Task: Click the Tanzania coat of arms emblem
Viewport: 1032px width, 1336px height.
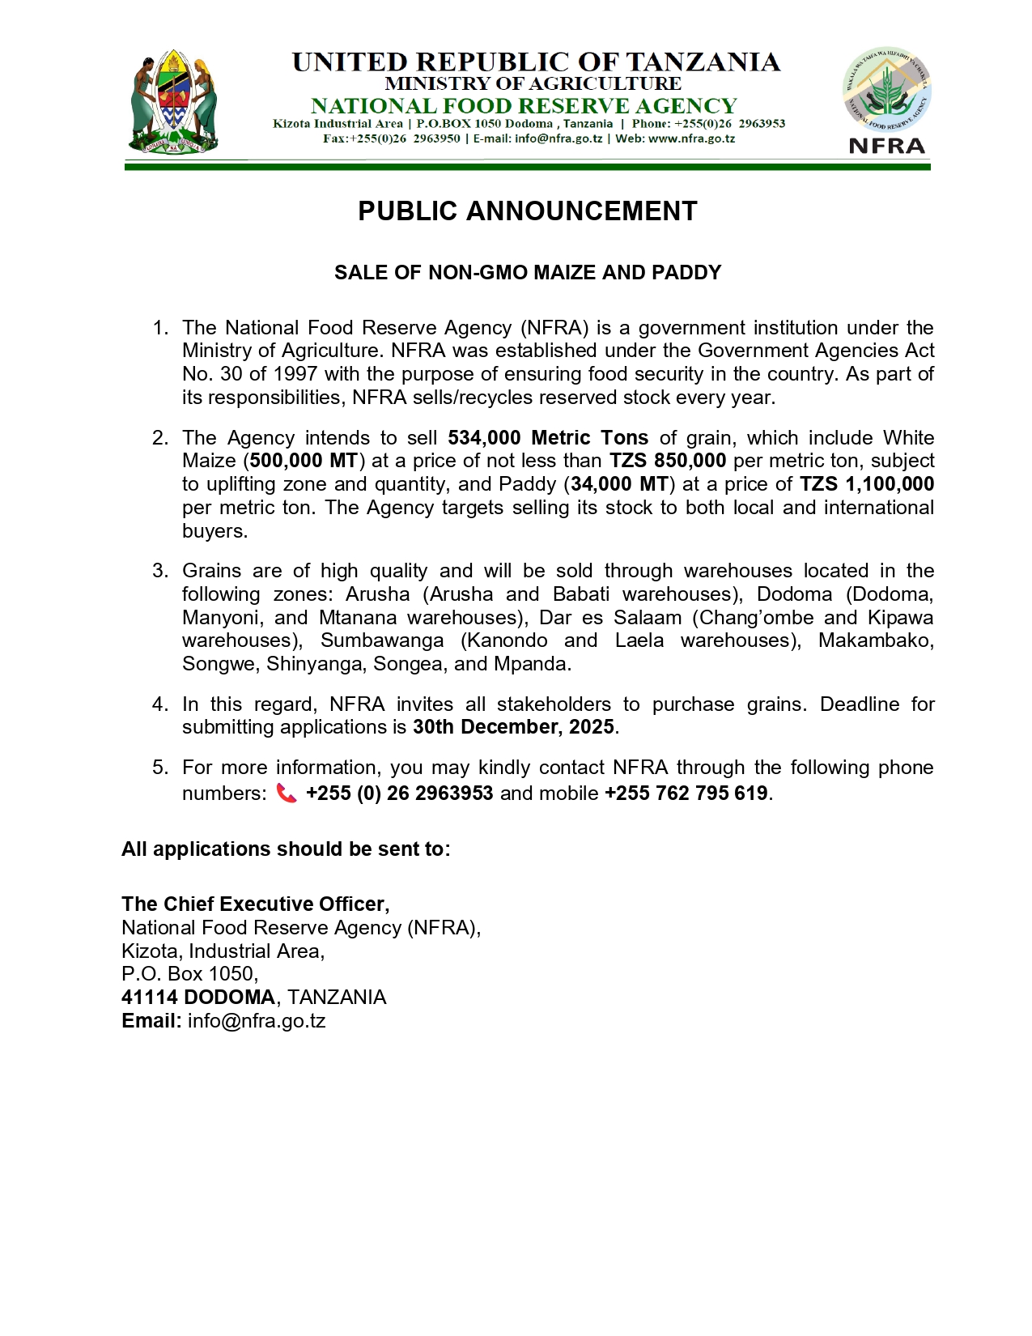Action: coord(174,103)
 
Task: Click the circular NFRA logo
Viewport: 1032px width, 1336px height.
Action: coord(887,90)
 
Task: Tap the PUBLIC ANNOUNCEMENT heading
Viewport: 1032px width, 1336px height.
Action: coord(527,211)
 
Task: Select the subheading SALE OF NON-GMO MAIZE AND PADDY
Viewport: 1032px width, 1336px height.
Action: coord(527,273)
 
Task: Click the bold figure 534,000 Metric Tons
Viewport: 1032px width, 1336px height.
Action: coord(548,438)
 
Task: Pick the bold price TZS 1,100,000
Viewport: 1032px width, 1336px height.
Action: coord(867,484)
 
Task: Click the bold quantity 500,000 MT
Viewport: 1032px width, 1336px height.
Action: coord(304,461)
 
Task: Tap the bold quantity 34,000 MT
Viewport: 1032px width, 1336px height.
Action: coord(620,484)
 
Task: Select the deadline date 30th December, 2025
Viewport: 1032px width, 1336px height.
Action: coord(513,727)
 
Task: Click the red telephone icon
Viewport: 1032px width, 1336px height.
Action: coord(287,793)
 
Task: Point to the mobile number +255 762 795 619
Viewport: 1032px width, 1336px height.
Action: coord(686,794)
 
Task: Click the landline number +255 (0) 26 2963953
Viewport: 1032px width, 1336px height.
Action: coord(400,794)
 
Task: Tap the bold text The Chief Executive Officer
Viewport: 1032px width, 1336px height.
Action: coord(255,904)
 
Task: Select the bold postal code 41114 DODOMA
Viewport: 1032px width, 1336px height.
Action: coord(198,998)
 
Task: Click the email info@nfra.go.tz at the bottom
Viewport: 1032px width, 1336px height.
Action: coord(257,1021)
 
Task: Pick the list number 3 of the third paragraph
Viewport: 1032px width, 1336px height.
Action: coord(160,571)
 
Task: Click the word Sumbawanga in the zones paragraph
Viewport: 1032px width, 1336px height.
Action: coord(382,640)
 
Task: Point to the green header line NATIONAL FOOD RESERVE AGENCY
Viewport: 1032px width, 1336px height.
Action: coord(524,106)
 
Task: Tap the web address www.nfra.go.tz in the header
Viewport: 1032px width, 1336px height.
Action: coord(691,138)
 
